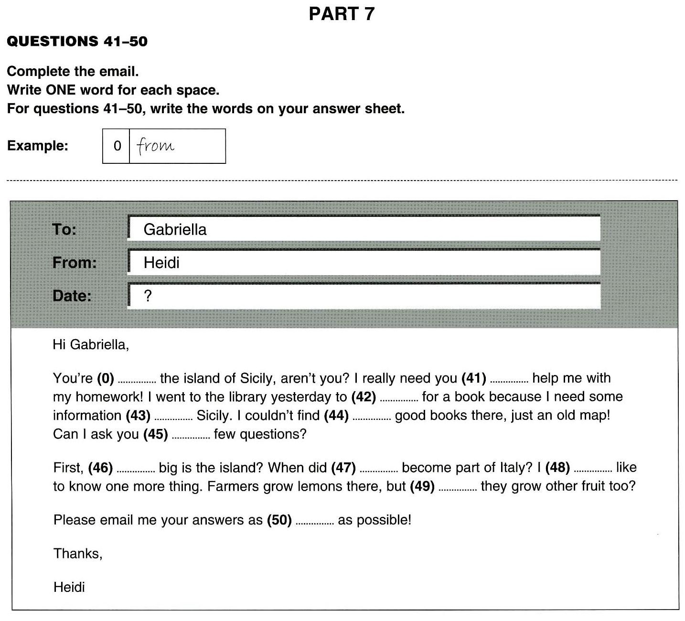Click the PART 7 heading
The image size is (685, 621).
(x=342, y=14)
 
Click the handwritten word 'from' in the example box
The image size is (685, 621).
(x=156, y=146)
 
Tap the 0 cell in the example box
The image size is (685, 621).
(x=117, y=146)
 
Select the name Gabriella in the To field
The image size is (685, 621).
(x=175, y=230)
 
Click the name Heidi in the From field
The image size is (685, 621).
(x=161, y=263)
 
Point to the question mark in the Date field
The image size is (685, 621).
(x=148, y=296)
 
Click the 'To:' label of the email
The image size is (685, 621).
(x=64, y=230)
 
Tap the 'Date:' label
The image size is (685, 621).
(x=72, y=296)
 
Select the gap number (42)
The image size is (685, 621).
(x=364, y=397)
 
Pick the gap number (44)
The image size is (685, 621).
(x=336, y=416)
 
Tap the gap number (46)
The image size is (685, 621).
(x=100, y=468)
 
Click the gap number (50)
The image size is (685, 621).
(x=279, y=520)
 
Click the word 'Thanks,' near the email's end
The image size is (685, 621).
(x=78, y=554)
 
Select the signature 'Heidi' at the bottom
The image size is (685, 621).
(x=69, y=587)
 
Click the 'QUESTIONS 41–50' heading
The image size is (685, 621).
(x=77, y=42)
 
